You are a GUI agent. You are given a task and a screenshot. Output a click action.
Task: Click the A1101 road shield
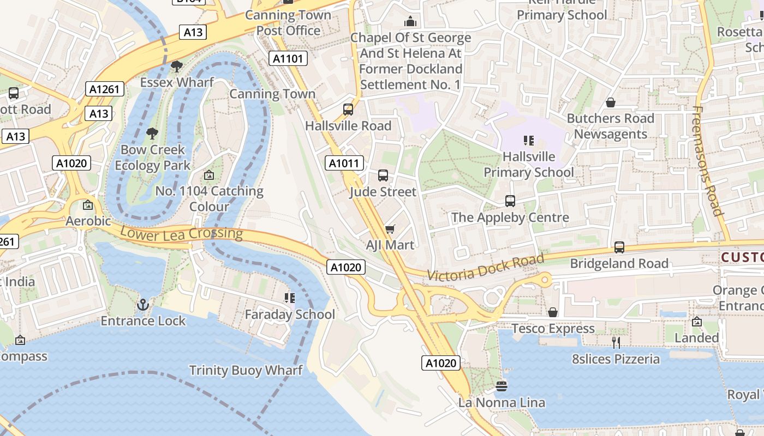(x=288, y=58)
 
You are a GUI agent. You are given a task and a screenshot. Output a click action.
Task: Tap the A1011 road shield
(x=344, y=163)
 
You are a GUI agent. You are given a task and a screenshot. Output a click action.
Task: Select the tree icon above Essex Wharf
(x=176, y=66)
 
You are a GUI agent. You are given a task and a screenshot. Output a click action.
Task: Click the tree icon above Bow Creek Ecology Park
(x=152, y=134)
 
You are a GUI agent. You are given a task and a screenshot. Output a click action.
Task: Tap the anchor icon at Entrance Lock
(x=143, y=305)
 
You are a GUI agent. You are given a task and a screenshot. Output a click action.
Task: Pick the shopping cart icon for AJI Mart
(x=390, y=229)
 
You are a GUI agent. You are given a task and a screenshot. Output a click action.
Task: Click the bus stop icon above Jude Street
(x=383, y=175)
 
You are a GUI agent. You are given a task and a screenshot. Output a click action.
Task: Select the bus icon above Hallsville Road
(x=348, y=110)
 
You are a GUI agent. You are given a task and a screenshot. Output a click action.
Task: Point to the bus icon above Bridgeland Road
(x=619, y=247)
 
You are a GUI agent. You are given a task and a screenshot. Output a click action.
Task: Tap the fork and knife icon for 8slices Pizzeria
(x=616, y=342)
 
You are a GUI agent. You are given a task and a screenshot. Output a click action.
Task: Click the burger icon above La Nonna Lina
(x=502, y=386)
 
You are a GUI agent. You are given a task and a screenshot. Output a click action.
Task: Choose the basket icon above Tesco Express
(x=553, y=312)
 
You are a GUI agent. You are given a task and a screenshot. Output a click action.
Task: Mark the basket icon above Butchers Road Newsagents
(x=611, y=102)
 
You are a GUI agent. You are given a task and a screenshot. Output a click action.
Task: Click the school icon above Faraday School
(x=289, y=298)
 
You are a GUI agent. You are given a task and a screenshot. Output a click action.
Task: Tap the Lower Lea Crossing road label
(x=181, y=233)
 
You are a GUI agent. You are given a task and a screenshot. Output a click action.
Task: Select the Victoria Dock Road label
(x=485, y=268)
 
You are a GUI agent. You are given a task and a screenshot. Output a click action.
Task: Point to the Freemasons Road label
(x=707, y=161)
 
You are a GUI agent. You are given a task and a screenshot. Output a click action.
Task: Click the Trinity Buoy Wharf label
(x=246, y=371)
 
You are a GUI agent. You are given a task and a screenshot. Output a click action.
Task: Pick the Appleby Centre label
(x=510, y=218)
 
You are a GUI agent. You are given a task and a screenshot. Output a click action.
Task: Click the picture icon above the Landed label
(x=696, y=322)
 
